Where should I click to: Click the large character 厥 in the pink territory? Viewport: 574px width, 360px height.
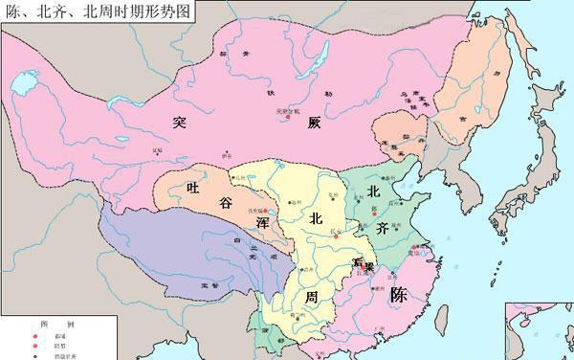point(318,121)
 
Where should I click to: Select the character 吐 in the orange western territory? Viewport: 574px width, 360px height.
point(194,188)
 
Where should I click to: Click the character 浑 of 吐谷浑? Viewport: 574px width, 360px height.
point(260,224)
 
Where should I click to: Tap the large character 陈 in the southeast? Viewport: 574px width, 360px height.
point(400,295)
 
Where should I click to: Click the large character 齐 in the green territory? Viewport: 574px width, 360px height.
point(382,229)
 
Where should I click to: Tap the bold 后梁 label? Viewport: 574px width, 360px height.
point(364,262)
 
